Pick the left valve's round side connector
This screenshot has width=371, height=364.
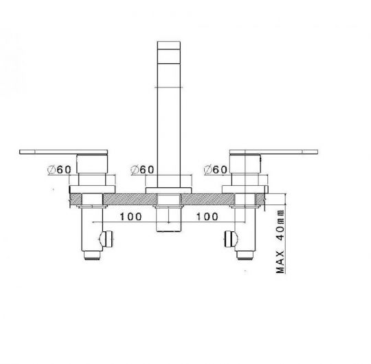click(104, 238)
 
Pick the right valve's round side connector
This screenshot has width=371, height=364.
click(229, 238)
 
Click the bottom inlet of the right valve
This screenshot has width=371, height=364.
click(245, 256)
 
